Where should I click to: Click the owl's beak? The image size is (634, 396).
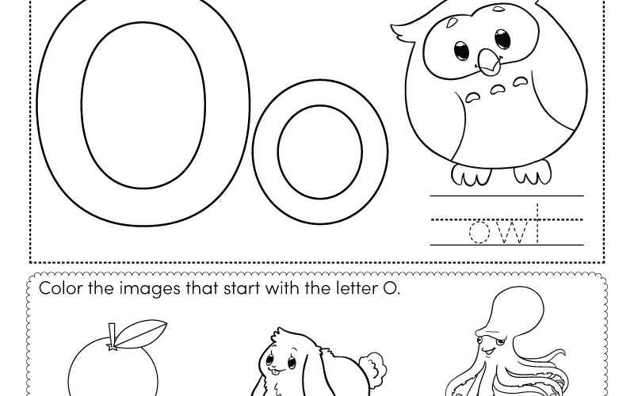point(489,63)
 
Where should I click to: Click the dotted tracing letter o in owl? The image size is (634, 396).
point(479,232)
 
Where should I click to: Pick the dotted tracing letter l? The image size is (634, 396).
point(537,223)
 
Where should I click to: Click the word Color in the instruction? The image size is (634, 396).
point(61,288)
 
